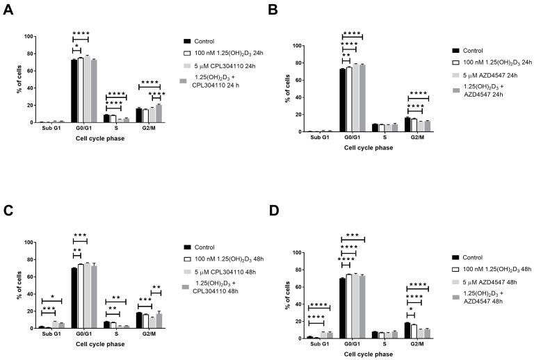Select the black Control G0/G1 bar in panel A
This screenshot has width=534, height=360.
[74, 90]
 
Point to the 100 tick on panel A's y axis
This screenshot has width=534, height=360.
[27, 36]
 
